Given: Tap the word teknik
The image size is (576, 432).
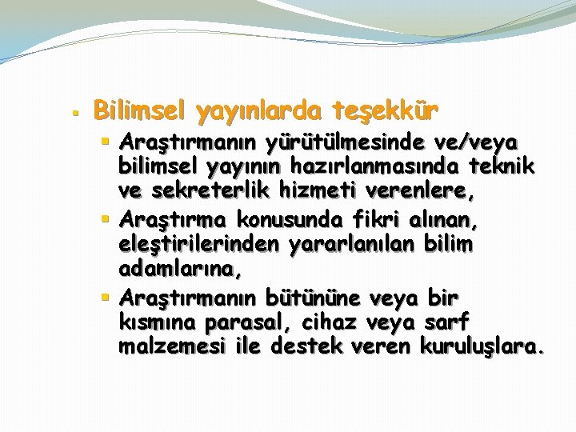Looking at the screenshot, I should tap(495, 169).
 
